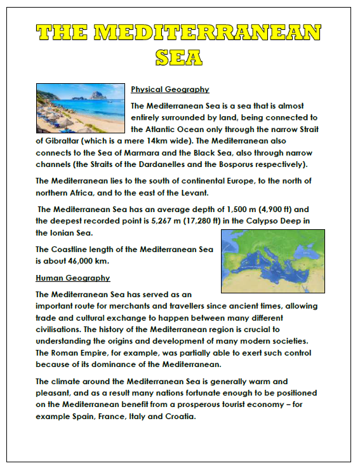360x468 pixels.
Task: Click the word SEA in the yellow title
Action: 180,57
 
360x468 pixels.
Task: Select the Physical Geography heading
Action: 170,90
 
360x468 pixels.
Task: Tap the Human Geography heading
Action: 73,278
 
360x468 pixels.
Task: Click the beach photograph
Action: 79,107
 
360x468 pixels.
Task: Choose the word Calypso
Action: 264,220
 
